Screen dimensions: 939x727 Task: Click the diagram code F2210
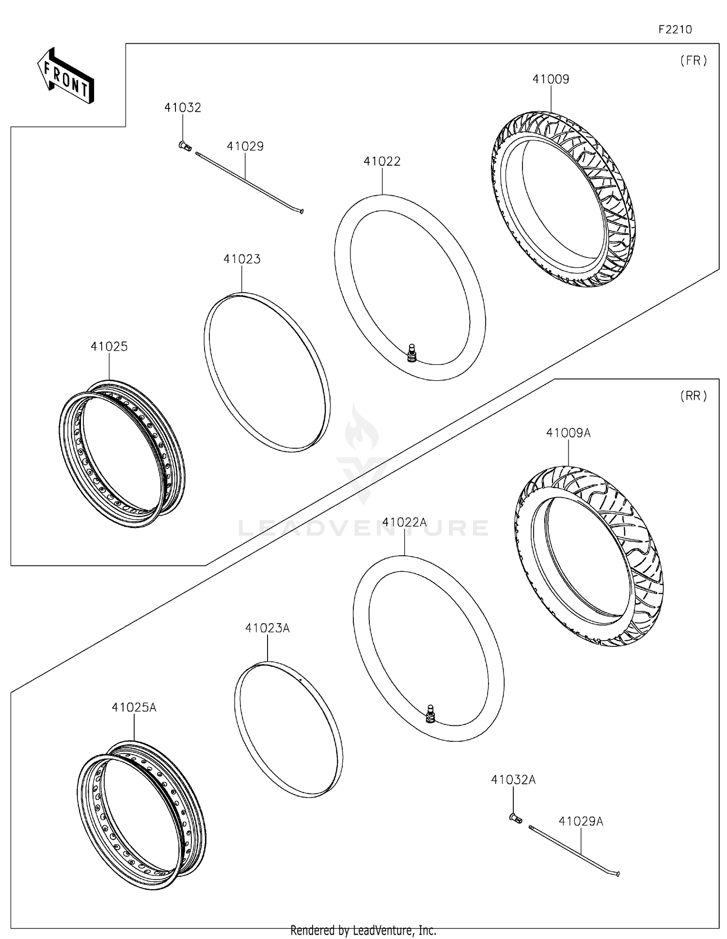(675, 30)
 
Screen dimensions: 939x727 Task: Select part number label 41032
(182, 108)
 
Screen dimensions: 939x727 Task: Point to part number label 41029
(245, 146)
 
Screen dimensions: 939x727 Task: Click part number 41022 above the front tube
(382, 161)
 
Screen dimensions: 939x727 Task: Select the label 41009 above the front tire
(551, 79)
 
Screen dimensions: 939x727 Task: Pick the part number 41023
(242, 259)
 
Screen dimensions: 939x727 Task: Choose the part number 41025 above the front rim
(109, 346)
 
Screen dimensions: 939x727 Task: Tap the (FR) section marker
(694, 61)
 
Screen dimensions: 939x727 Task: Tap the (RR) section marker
(694, 396)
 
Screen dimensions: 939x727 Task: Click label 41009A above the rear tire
(568, 433)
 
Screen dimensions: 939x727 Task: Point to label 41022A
(404, 522)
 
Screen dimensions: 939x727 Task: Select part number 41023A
(267, 628)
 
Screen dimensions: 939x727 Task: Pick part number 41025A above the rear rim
(134, 707)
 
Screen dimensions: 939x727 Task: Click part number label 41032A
(513, 780)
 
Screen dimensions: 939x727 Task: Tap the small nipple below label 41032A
(516, 818)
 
